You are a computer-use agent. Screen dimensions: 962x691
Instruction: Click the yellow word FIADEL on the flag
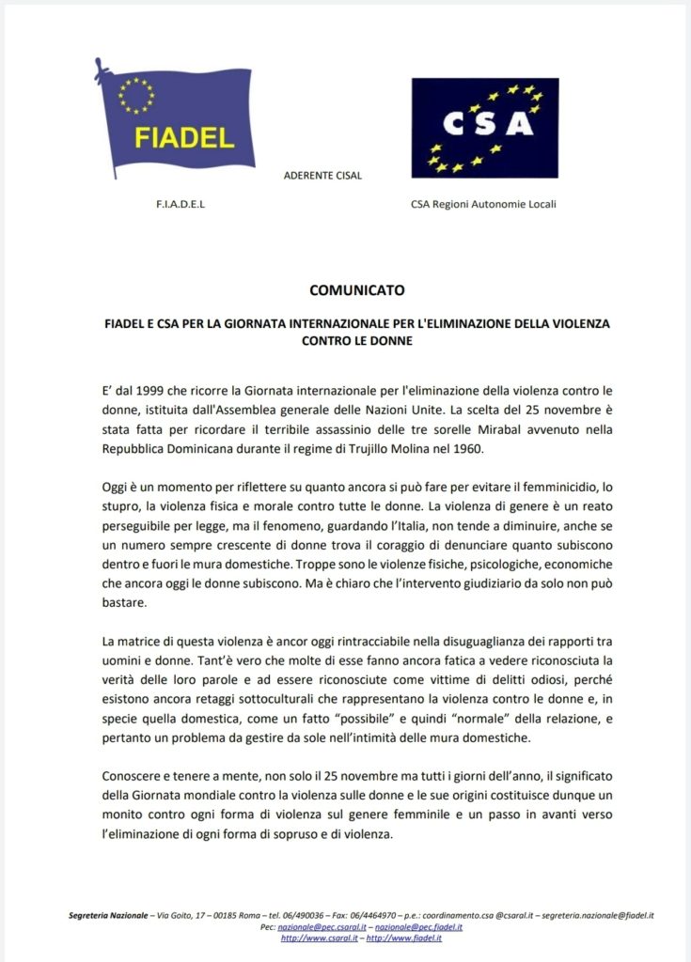coord(184,137)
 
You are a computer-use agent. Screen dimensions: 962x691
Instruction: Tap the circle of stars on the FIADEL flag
coord(136,95)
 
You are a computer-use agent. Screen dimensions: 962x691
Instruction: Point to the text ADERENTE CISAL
coord(322,176)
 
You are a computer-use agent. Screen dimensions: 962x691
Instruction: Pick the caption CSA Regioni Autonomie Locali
coord(482,204)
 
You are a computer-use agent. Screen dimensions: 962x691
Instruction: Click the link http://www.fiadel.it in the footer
coord(404,938)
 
